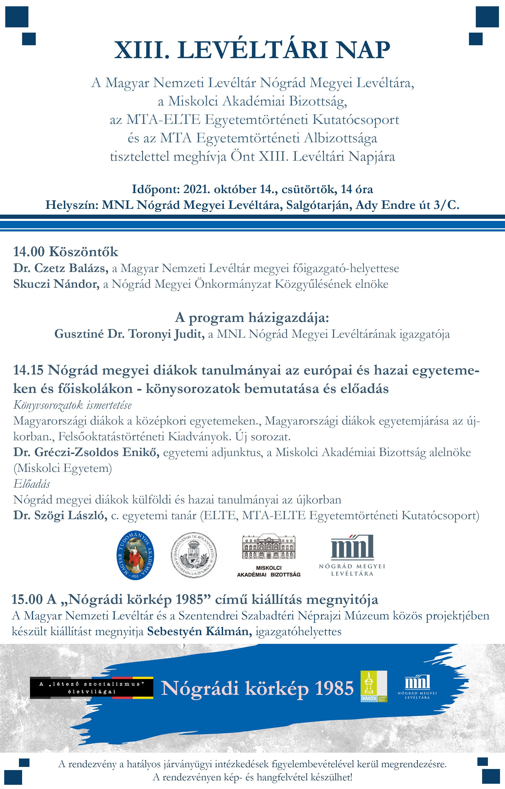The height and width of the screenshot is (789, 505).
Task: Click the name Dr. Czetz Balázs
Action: (61, 268)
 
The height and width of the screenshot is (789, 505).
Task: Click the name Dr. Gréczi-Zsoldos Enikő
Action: (86, 452)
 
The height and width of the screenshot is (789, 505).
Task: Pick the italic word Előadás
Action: (32, 484)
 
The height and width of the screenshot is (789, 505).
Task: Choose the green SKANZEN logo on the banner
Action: (374, 686)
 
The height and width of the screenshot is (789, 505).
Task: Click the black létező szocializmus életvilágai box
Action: (92, 688)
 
